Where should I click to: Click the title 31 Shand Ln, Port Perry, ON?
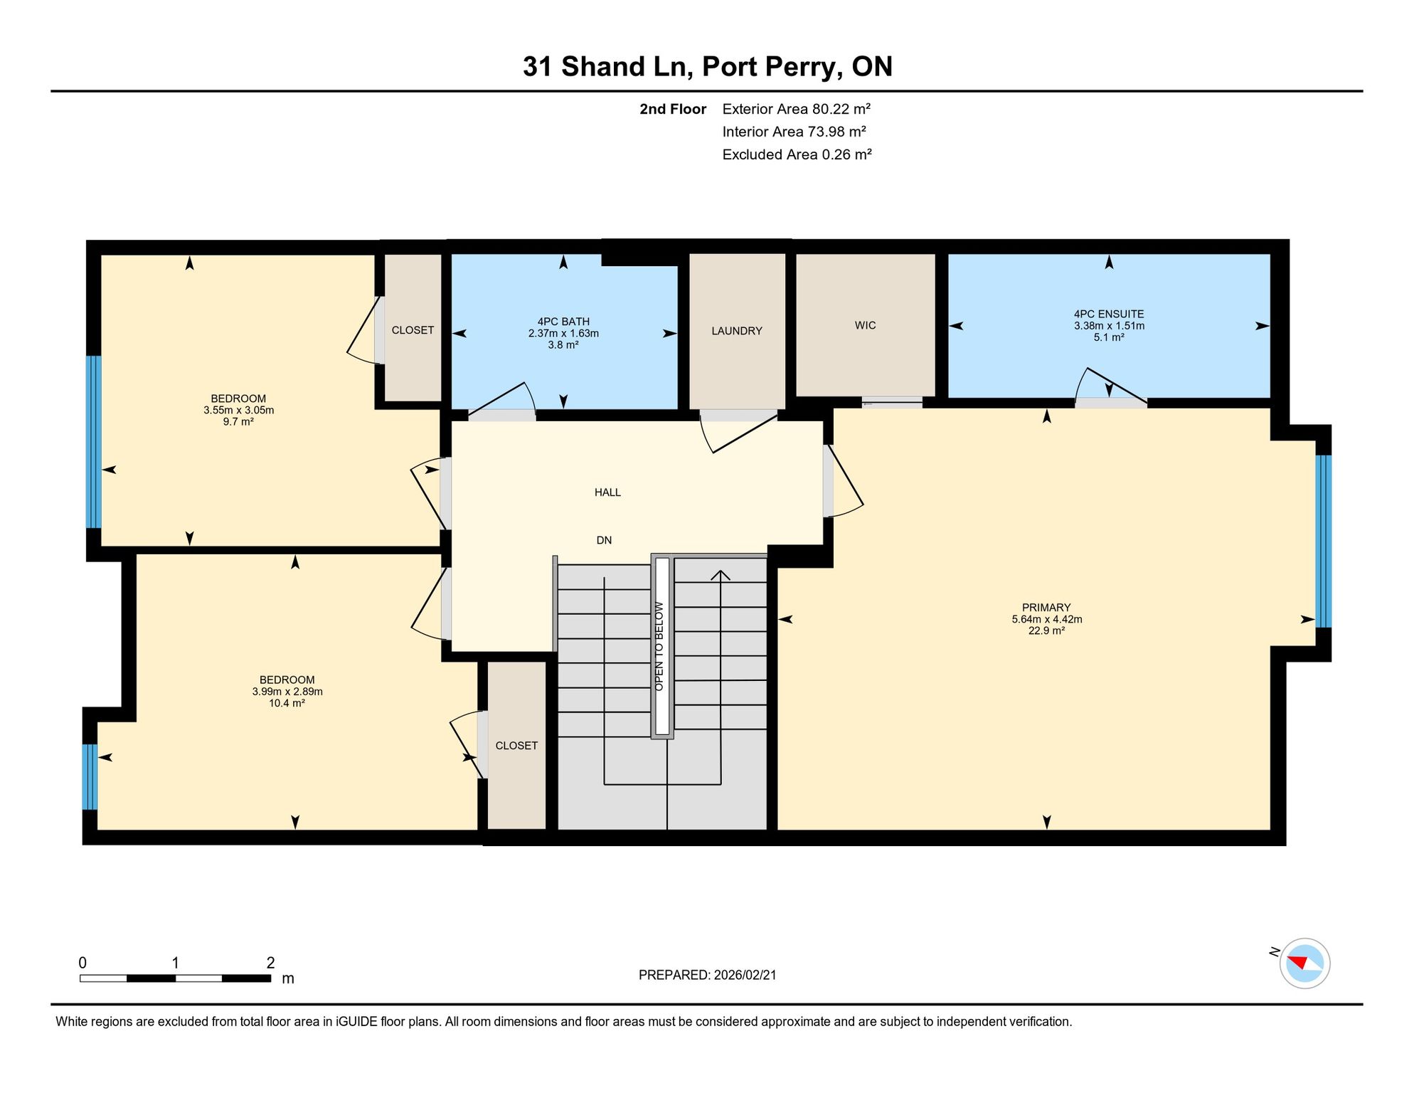(707, 67)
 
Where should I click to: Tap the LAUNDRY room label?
(737, 331)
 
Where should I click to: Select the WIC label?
(865, 325)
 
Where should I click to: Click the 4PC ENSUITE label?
(1109, 314)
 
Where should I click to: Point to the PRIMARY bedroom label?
(1046, 607)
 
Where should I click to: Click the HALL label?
(607, 492)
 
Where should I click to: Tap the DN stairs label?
(604, 540)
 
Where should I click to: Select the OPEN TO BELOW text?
(659, 646)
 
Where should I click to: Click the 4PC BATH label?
(563, 322)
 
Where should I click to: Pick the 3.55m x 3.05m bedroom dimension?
(238, 410)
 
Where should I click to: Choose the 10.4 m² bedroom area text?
(287, 703)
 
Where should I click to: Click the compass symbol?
(1304, 963)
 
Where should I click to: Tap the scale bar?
(175, 978)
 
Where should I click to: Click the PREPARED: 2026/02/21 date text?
(708, 975)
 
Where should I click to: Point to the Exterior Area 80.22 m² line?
(797, 109)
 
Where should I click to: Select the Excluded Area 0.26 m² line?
(797, 154)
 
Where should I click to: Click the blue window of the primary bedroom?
(1323, 541)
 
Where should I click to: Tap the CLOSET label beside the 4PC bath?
(413, 330)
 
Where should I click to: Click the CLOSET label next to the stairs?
(516, 746)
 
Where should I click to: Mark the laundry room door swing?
(740, 432)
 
